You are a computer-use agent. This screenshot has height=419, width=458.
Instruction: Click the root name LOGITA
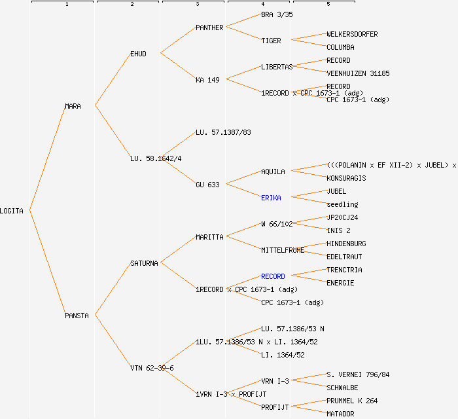[12, 211]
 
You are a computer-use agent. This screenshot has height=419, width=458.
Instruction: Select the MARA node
[73, 106]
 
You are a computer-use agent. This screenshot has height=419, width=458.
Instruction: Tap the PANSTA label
[77, 316]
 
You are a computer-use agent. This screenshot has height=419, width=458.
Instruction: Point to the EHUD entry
[138, 54]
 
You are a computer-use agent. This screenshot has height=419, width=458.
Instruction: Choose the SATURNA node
[144, 263]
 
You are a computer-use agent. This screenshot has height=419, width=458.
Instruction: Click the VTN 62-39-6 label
[152, 368]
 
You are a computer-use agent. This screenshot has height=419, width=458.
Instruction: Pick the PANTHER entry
[209, 27]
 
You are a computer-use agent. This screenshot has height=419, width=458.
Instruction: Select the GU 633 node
[207, 185]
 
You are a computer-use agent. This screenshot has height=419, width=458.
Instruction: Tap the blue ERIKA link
[271, 198]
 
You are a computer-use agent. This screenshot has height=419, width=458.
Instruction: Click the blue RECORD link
[273, 276]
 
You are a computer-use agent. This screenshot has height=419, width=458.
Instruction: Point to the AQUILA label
[273, 172]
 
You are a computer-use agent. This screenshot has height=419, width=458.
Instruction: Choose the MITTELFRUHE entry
[283, 250]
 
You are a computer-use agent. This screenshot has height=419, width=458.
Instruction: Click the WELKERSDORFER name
[352, 34]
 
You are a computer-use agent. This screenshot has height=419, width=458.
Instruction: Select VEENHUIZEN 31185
[358, 73]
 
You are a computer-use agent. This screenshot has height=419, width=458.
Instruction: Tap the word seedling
[342, 204]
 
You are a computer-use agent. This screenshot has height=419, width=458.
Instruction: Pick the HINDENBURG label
[346, 244]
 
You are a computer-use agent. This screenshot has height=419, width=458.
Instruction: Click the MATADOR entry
[340, 414]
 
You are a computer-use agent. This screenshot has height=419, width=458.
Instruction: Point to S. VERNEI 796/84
[358, 374]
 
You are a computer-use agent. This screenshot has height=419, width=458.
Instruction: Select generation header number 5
[328, 5]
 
